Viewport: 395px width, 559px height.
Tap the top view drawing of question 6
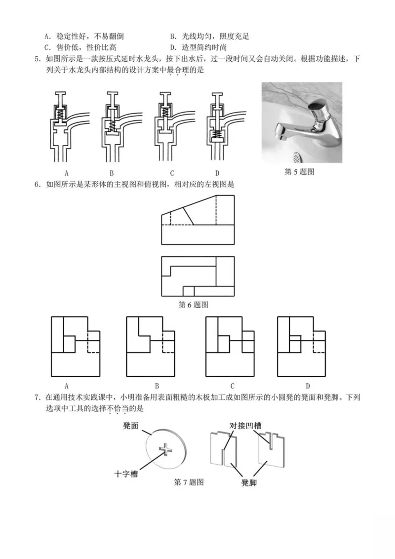coord(197,276)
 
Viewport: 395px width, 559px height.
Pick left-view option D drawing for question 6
coord(301,346)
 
